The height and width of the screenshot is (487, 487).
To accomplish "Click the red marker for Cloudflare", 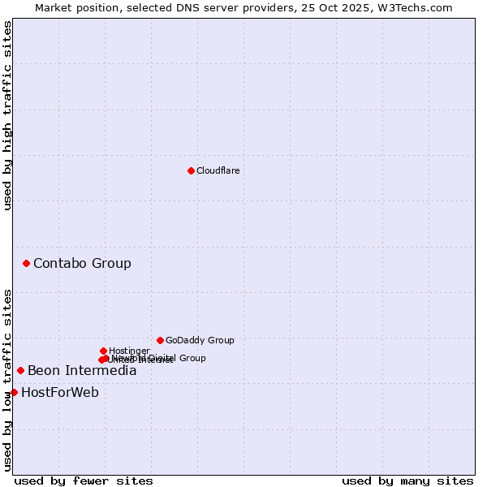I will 191,170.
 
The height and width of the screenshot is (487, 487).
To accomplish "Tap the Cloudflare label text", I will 218,170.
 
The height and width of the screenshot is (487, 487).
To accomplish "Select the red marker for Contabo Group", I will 27,263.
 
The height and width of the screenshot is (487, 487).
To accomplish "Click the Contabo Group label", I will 82,263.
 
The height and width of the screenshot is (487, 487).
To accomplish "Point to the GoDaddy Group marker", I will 160,340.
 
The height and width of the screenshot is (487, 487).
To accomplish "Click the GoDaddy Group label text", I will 200,340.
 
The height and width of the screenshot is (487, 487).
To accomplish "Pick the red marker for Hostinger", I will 103,351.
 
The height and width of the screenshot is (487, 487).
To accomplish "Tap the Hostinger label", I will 129,351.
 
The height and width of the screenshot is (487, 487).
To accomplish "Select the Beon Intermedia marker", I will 20,370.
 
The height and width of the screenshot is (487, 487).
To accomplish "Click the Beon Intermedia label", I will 82,371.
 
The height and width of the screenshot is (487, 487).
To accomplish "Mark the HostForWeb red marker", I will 14,392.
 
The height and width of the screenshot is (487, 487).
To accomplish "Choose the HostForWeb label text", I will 60,393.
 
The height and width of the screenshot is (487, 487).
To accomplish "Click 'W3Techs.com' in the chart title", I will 418,7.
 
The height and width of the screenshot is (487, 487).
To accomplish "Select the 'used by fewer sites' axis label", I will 84,481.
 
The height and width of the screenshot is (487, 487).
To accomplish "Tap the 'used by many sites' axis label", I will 407,481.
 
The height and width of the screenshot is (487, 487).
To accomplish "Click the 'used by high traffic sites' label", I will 7,116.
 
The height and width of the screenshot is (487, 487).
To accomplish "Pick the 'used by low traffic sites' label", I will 7,379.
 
